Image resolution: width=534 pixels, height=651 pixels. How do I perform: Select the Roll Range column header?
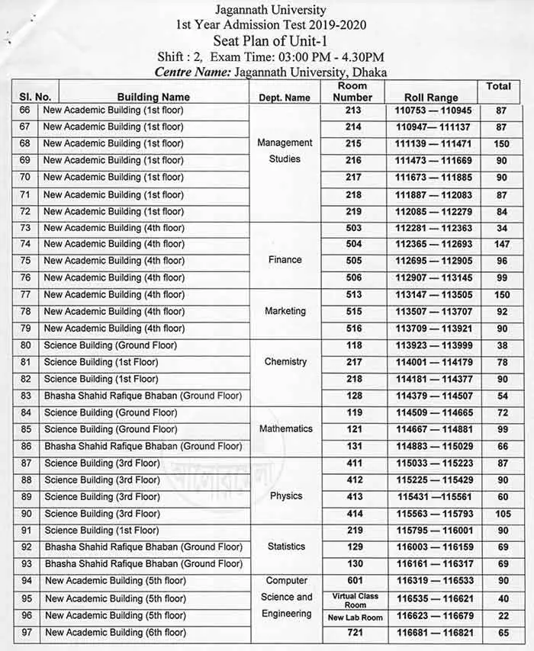[431, 98]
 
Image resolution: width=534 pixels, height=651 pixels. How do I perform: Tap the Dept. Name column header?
[285, 98]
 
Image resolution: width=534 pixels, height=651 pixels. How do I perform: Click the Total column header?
[498, 87]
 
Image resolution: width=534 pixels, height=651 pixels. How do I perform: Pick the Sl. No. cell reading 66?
[25, 110]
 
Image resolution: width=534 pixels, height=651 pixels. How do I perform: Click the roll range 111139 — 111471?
[433, 143]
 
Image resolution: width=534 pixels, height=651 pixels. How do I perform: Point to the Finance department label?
[285, 260]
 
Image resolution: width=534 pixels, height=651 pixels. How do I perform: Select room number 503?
[352, 228]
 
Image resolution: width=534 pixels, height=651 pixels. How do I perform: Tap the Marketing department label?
[285, 311]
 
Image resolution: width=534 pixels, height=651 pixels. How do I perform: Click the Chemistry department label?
[285, 362]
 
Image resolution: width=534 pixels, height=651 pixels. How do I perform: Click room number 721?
[352, 633]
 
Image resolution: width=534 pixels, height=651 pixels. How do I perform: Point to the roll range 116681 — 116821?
[433, 633]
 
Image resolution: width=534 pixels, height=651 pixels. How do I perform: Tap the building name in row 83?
[143, 396]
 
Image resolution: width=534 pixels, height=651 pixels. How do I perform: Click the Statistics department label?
[285, 547]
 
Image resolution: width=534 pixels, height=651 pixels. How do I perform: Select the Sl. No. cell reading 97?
[25, 633]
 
